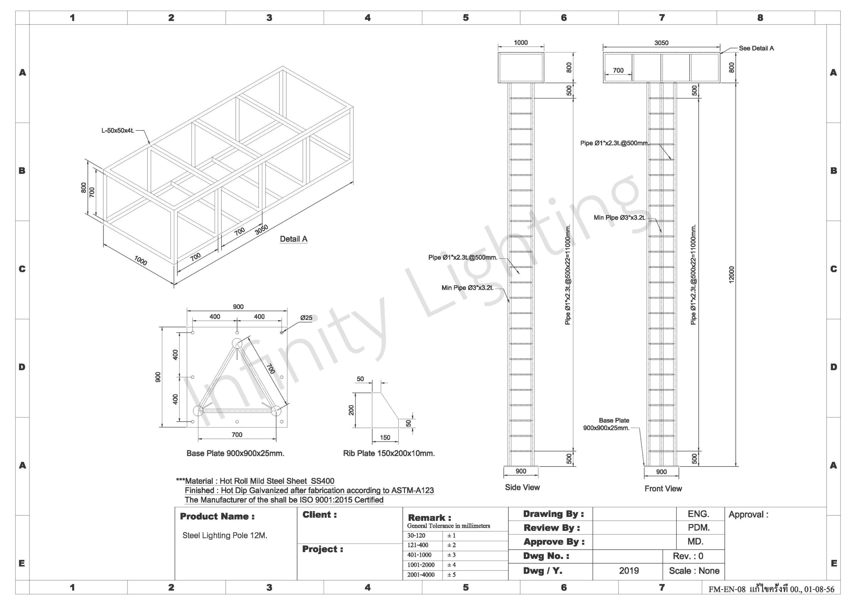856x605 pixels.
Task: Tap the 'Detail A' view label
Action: click(x=293, y=239)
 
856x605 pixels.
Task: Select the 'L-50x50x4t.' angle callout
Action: click(x=118, y=131)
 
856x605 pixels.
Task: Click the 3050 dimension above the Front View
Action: click(x=661, y=43)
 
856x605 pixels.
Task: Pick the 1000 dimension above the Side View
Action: click(x=521, y=42)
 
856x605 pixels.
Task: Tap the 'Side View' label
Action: click(x=522, y=487)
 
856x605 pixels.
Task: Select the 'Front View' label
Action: click(x=663, y=488)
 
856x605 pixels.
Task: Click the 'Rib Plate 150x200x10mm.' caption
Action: click(x=389, y=453)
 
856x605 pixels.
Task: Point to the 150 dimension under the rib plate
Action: click(x=385, y=438)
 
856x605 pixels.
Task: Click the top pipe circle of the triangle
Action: click(x=237, y=343)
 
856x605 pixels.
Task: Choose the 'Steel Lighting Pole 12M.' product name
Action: click(x=225, y=535)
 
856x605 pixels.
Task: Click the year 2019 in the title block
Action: click(x=629, y=571)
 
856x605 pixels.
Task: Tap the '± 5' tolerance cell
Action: click(x=451, y=575)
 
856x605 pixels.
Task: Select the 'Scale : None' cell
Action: click(x=694, y=571)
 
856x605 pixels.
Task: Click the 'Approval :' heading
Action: click(x=748, y=514)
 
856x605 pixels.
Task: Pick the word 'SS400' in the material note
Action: click(x=322, y=481)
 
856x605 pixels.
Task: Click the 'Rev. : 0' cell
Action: click(x=688, y=556)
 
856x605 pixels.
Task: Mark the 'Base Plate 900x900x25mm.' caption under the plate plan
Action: click(x=235, y=453)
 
